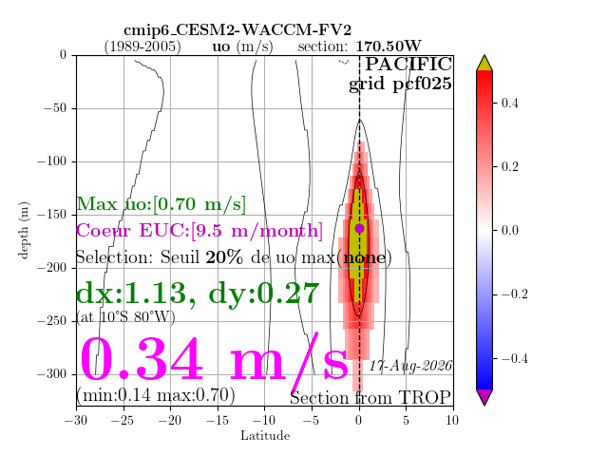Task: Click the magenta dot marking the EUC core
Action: tap(359, 228)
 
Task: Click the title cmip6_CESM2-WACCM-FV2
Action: tap(237, 29)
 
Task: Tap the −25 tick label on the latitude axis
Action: tap(123, 420)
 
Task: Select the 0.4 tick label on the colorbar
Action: tap(509, 103)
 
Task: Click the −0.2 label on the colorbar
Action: tap(515, 294)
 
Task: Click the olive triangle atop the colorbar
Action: tap(484, 64)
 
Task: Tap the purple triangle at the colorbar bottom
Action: tap(484, 397)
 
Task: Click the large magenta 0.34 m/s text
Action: tap(214, 359)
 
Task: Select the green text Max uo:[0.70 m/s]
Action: tap(161, 204)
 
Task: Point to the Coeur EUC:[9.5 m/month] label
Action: tap(199, 230)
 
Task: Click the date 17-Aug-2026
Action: tap(410, 366)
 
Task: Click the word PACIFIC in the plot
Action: tap(408, 64)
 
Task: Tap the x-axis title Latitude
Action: tap(265, 436)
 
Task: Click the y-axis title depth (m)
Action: tap(23, 230)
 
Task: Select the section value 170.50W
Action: tap(389, 47)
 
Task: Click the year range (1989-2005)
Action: tap(142, 47)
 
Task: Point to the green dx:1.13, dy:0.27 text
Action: tap(198, 294)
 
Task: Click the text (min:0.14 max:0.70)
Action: tap(156, 395)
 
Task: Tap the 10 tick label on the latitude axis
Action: tap(452, 420)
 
